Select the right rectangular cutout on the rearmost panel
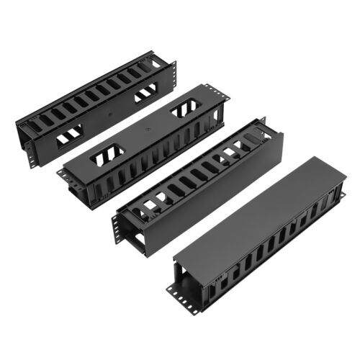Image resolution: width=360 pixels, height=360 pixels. pos(145,94)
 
